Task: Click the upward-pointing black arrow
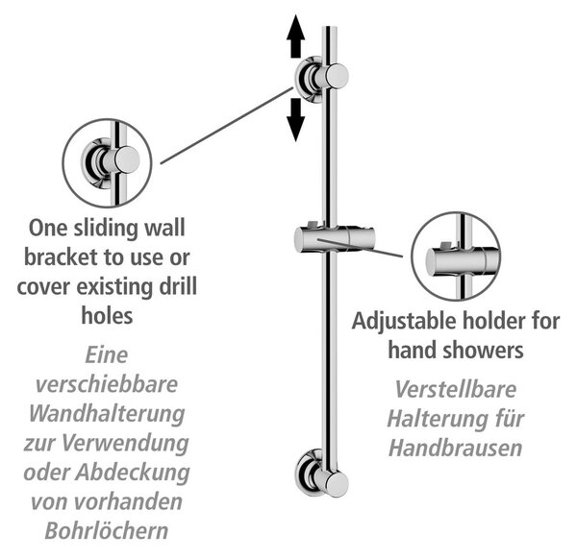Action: point(296,36)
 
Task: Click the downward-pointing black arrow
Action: point(296,120)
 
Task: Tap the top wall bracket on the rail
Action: point(321,80)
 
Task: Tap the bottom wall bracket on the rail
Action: point(321,473)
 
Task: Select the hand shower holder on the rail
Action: point(334,239)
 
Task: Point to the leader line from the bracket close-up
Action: point(227,125)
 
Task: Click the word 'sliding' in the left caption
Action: point(105,229)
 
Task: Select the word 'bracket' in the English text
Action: point(62,257)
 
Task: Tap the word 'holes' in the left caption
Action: point(107,315)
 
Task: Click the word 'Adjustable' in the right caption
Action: point(404,322)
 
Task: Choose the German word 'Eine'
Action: point(107,355)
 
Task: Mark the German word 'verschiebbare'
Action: point(107,384)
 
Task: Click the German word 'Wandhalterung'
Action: point(107,415)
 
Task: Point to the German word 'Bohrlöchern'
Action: point(107,530)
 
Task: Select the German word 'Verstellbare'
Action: point(456,389)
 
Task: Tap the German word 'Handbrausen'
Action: point(456,448)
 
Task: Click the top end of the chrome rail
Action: point(329,27)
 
